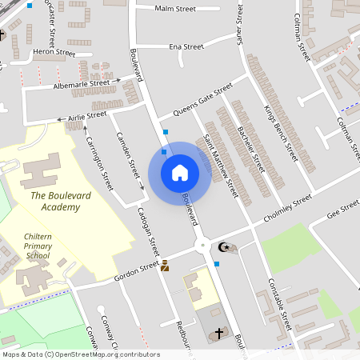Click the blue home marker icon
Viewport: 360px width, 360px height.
(180, 173)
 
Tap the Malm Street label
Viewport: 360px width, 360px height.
(175, 9)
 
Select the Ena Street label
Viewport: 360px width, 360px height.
(186, 46)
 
